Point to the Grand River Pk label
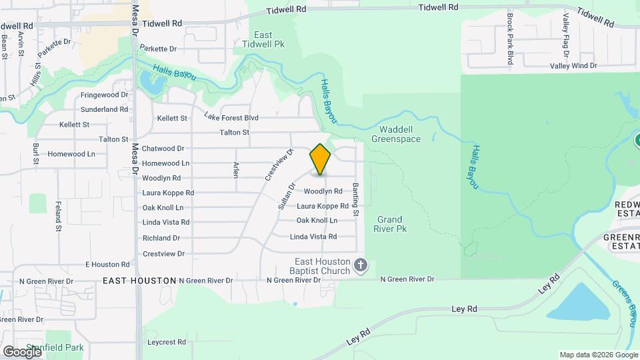click(x=389, y=224)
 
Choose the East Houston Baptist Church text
click(x=324, y=266)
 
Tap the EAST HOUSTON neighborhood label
click(x=139, y=281)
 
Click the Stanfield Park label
click(x=61, y=347)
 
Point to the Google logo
click(x=22, y=352)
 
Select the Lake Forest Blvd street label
click(x=231, y=117)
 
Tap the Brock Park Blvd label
click(x=510, y=39)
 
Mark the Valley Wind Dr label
click(x=573, y=66)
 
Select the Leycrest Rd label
click(x=167, y=342)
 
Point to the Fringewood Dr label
click(x=104, y=95)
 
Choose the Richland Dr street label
click(x=161, y=238)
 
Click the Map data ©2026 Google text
click(x=598, y=355)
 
